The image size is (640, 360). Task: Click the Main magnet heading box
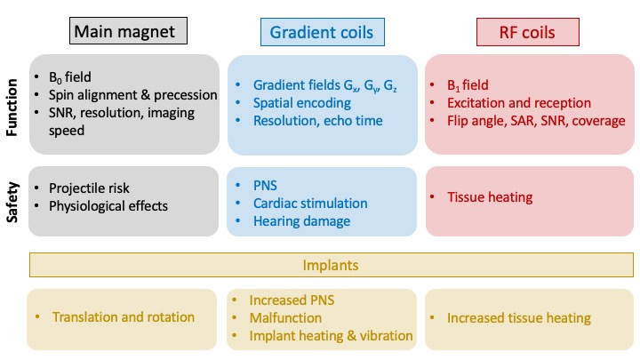coord(130,33)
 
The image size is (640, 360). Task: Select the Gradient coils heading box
coord(323,33)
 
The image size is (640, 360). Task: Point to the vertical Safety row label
coord(12,202)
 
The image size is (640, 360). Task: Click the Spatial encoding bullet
coord(301,103)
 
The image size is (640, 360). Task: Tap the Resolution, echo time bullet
coord(316,121)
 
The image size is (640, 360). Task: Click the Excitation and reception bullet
coord(519,103)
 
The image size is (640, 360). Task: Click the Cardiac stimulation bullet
coord(308,202)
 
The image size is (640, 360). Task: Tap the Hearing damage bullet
coord(300,220)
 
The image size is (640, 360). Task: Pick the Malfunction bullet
coord(285,317)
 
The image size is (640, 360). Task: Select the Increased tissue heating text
coord(518,317)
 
